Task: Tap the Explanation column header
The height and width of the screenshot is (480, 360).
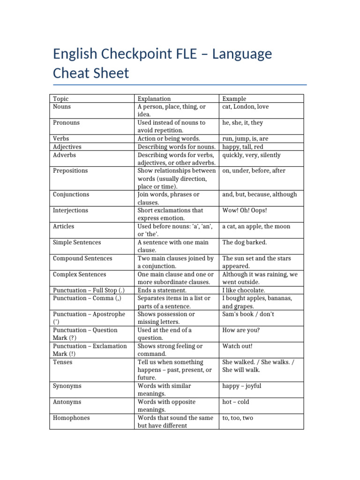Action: click(x=154, y=98)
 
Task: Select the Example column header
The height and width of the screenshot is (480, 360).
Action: click(x=234, y=98)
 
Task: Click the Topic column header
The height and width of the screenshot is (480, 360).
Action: click(x=61, y=98)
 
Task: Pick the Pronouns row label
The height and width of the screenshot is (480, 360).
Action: click(x=67, y=123)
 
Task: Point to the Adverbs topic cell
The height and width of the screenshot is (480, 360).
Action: click(x=65, y=155)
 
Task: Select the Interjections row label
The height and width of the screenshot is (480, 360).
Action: click(x=71, y=210)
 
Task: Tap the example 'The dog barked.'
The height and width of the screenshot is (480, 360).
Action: click(x=245, y=242)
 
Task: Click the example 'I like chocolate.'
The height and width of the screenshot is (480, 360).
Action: click(x=244, y=290)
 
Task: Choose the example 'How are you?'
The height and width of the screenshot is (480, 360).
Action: click(x=241, y=330)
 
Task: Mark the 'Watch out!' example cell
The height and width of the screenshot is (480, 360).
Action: click(x=238, y=346)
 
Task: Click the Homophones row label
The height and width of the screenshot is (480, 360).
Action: click(x=72, y=418)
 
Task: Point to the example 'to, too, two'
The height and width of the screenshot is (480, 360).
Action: click(x=238, y=418)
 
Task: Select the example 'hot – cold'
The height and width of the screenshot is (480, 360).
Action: click(x=236, y=402)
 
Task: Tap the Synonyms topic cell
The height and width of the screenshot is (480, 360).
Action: click(x=67, y=386)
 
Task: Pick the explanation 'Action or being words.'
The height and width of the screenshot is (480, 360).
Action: click(x=169, y=139)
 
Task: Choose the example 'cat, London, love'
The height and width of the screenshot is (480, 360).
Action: click(x=246, y=106)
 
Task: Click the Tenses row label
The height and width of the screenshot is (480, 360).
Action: click(x=63, y=362)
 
